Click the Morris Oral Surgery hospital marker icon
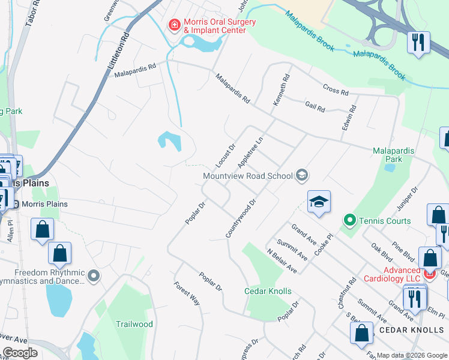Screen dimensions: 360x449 click(174, 25)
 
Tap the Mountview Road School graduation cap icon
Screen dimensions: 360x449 click(302, 175)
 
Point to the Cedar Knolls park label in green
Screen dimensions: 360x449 click(268, 292)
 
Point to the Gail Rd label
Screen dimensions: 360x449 click(315, 107)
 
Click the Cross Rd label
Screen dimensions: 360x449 click(336, 90)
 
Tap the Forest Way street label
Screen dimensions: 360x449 click(187, 294)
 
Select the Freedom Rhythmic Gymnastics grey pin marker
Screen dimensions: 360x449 click(93, 275)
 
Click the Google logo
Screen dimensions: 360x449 click(20, 353)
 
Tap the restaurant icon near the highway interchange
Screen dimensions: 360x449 click(417, 42)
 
